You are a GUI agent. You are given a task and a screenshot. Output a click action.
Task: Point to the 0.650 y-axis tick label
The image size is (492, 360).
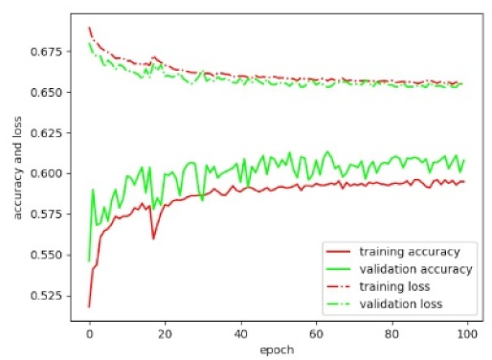(49, 93)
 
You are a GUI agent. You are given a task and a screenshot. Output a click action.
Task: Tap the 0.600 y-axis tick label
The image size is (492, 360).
(49, 173)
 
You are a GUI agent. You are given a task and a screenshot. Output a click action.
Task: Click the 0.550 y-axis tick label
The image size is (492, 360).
(49, 255)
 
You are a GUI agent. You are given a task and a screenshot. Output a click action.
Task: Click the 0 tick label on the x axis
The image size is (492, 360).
(89, 336)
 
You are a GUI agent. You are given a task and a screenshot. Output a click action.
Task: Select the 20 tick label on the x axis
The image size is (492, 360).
(165, 336)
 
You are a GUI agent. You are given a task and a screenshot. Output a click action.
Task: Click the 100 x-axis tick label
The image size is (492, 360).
(467, 336)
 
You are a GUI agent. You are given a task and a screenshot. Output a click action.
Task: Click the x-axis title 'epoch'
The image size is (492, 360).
(278, 351)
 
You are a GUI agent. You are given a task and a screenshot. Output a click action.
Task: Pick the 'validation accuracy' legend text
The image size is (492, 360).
(411, 270)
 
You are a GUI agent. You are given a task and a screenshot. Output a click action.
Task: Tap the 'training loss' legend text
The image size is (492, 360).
(394, 287)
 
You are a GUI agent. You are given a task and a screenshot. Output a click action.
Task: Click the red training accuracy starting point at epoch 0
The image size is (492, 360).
(89, 306)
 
